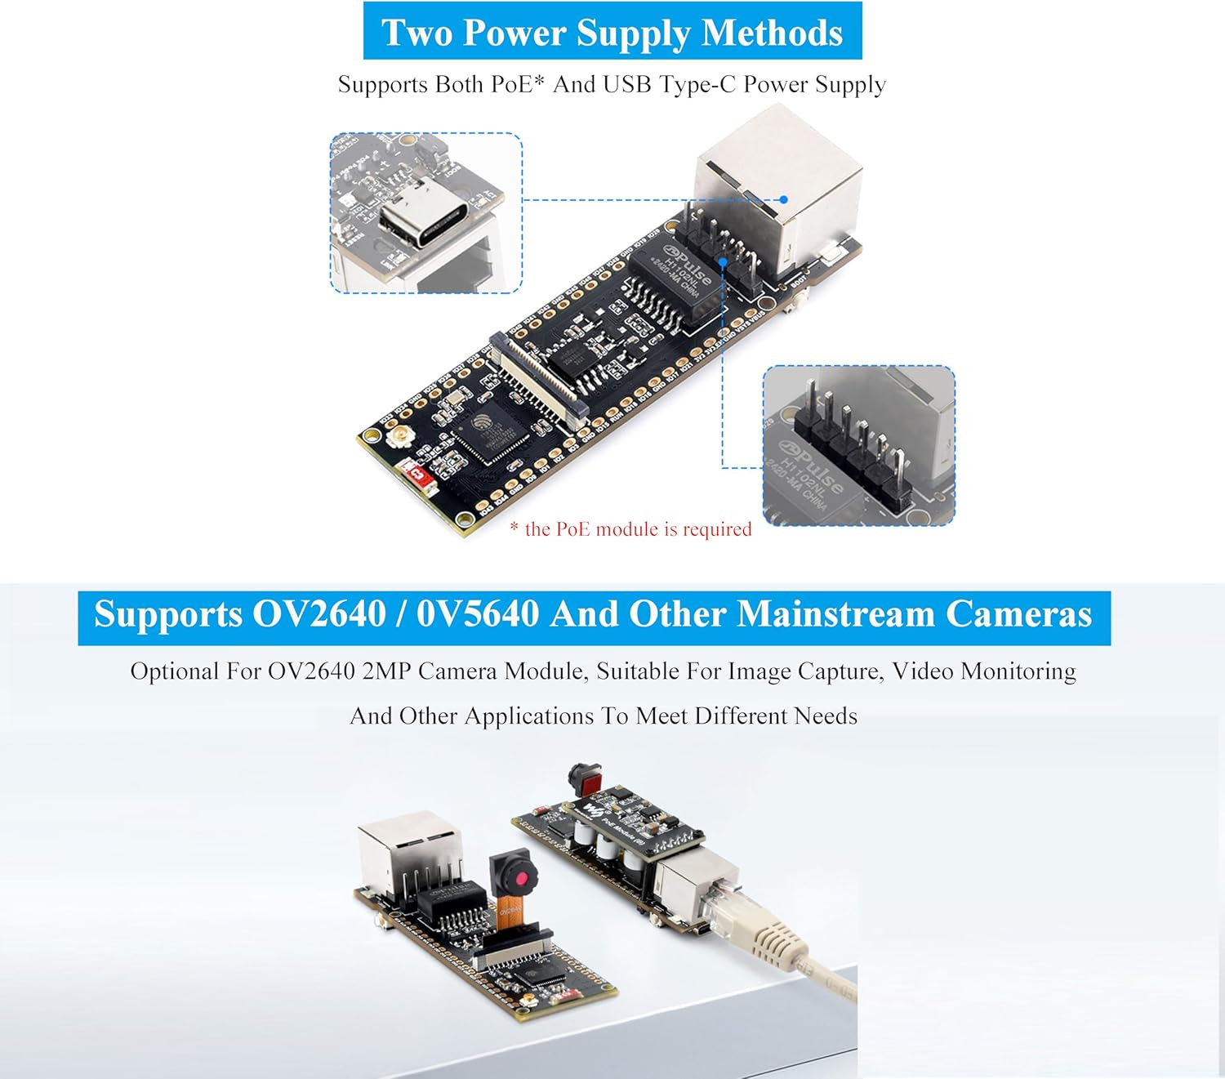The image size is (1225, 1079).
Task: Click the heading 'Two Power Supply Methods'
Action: [x=612, y=32]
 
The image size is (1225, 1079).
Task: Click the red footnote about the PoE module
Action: [x=630, y=529]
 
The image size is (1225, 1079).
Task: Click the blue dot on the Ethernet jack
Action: [x=783, y=199]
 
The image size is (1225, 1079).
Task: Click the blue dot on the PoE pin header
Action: [x=723, y=262]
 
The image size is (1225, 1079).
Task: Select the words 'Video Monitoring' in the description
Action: [x=983, y=671]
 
